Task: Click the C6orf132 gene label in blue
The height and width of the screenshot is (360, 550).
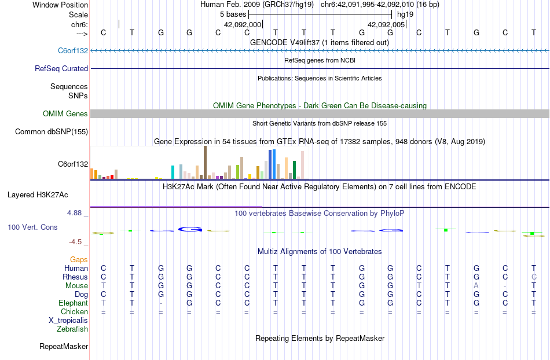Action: point(73,50)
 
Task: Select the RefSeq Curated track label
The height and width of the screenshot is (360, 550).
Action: point(61,68)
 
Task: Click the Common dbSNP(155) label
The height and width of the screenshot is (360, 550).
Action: point(52,132)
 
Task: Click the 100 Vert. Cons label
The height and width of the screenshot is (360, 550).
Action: point(32,227)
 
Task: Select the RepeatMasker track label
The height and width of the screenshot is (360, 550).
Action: point(64,347)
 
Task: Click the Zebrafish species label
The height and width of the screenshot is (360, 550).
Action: point(72,329)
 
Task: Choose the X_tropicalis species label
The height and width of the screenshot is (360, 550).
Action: point(68,320)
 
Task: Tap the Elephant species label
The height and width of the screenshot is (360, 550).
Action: point(73,303)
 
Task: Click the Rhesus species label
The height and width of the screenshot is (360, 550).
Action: point(75,277)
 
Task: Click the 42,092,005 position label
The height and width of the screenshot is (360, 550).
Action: point(386,25)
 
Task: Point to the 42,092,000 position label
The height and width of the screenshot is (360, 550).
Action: point(243,25)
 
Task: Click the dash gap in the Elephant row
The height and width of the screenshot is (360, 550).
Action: point(161,303)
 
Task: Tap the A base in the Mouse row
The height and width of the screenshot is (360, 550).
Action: point(476,285)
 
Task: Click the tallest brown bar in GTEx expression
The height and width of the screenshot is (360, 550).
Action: point(205,163)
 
